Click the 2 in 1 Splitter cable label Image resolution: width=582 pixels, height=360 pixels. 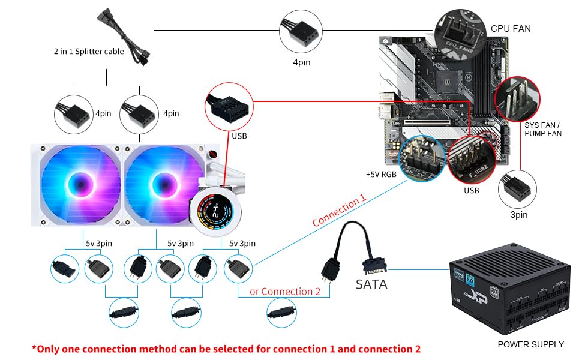point(88,52)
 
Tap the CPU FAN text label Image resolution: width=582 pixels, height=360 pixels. point(510,28)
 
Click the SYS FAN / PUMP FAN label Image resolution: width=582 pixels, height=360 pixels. point(543,129)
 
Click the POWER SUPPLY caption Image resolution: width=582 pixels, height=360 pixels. point(530,344)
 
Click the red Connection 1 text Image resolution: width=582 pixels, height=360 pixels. point(339,212)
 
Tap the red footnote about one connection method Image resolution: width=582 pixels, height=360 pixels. point(226,349)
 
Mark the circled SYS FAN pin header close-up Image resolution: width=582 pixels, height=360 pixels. point(517,98)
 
